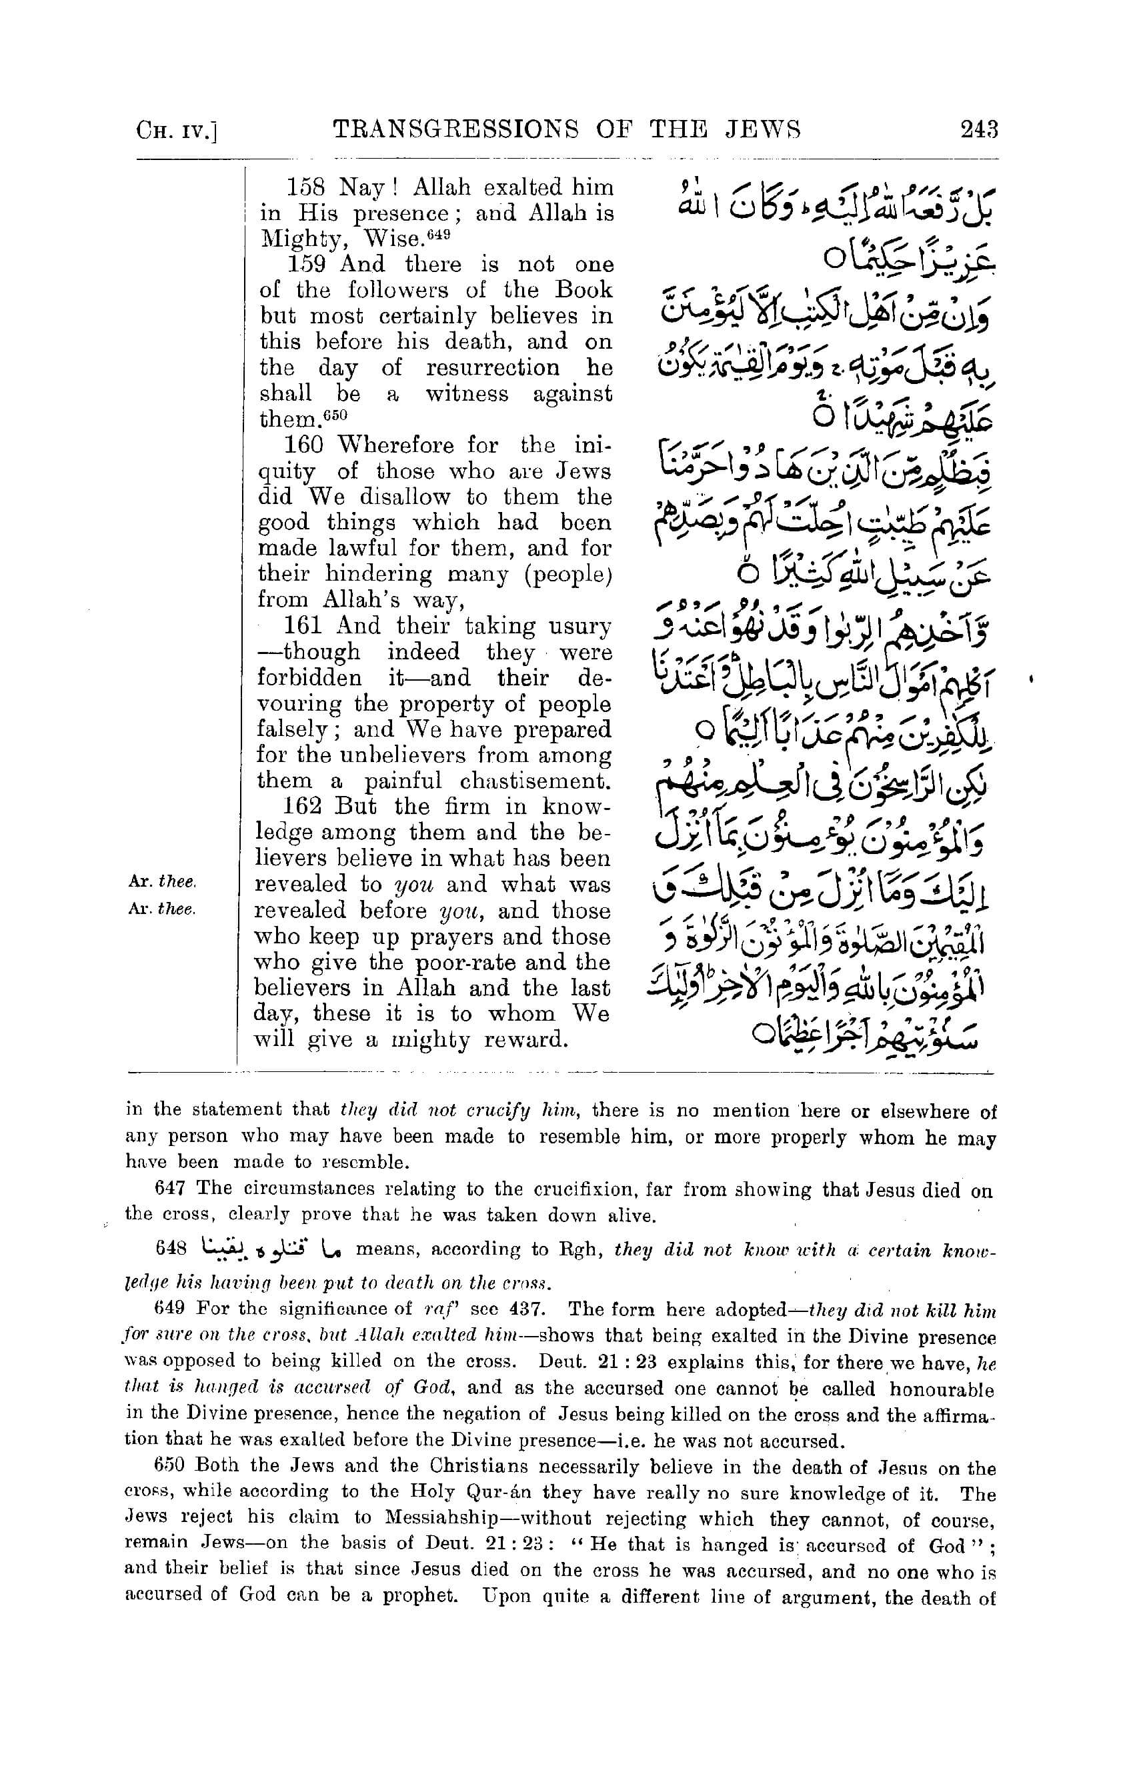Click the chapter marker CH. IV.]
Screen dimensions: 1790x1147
click(x=177, y=132)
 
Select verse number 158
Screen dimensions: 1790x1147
click(x=307, y=187)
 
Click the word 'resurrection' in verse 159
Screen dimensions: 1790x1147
click(x=493, y=369)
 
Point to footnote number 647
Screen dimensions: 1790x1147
click(x=169, y=1189)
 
